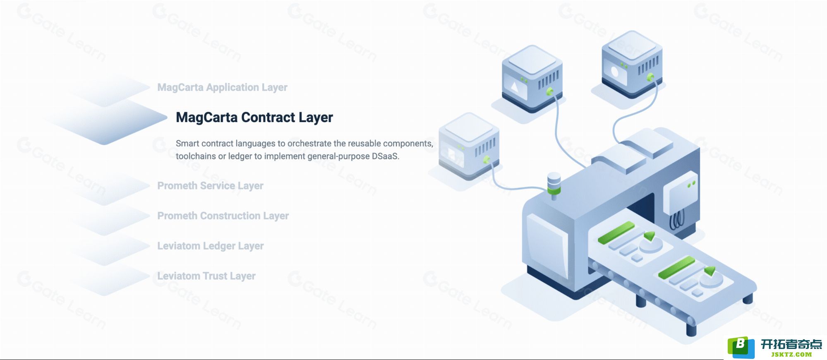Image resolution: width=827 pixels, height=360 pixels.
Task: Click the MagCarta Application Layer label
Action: tap(222, 87)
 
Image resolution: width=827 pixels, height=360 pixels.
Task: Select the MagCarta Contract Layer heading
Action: tap(254, 118)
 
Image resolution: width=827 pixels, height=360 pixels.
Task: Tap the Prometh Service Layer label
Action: tap(210, 186)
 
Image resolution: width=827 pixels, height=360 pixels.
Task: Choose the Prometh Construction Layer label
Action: tap(223, 216)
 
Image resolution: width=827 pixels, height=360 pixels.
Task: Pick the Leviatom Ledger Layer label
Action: tap(210, 246)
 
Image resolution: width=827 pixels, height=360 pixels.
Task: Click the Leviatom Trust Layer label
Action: tap(206, 276)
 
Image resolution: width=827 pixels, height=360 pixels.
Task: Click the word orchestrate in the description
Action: tap(309, 144)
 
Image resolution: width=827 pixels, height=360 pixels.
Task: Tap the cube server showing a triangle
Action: tap(532, 79)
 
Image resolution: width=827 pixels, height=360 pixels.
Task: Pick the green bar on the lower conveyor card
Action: tap(676, 267)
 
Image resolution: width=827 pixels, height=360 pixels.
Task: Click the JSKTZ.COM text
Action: tap(791, 354)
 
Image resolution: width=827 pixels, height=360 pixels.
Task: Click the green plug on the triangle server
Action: tap(550, 91)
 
